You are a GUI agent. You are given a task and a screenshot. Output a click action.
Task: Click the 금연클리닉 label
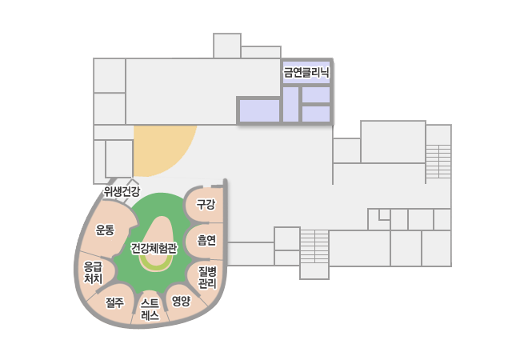(306, 72)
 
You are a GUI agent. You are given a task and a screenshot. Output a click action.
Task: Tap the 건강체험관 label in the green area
(154, 248)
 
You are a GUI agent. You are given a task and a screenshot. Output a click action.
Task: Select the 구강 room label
(206, 204)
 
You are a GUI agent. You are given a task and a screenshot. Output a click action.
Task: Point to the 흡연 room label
(206, 240)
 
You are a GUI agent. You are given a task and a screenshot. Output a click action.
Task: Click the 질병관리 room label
(208, 278)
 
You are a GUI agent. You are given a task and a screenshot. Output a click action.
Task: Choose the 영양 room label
(181, 301)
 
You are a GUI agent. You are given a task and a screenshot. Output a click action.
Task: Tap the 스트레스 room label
(150, 310)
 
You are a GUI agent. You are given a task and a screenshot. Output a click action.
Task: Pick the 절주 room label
(114, 302)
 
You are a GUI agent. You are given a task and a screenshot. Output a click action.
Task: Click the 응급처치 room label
(93, 273)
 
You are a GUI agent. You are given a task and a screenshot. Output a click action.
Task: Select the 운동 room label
(105, 230)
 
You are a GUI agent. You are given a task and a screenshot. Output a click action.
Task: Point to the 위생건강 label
(122, 191)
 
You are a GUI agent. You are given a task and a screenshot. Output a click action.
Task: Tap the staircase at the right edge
(438, 162)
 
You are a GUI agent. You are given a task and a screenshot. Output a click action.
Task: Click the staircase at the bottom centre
(314, 246)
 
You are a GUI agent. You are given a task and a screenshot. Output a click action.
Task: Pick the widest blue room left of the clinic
(259, 110)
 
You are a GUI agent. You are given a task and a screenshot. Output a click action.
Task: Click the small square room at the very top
(227, 46)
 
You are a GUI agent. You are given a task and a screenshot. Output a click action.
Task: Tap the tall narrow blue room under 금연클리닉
(291, 105)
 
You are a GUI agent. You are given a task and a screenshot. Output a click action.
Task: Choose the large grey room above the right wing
(393, 142)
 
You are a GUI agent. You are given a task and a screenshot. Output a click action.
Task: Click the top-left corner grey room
(110, 75)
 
